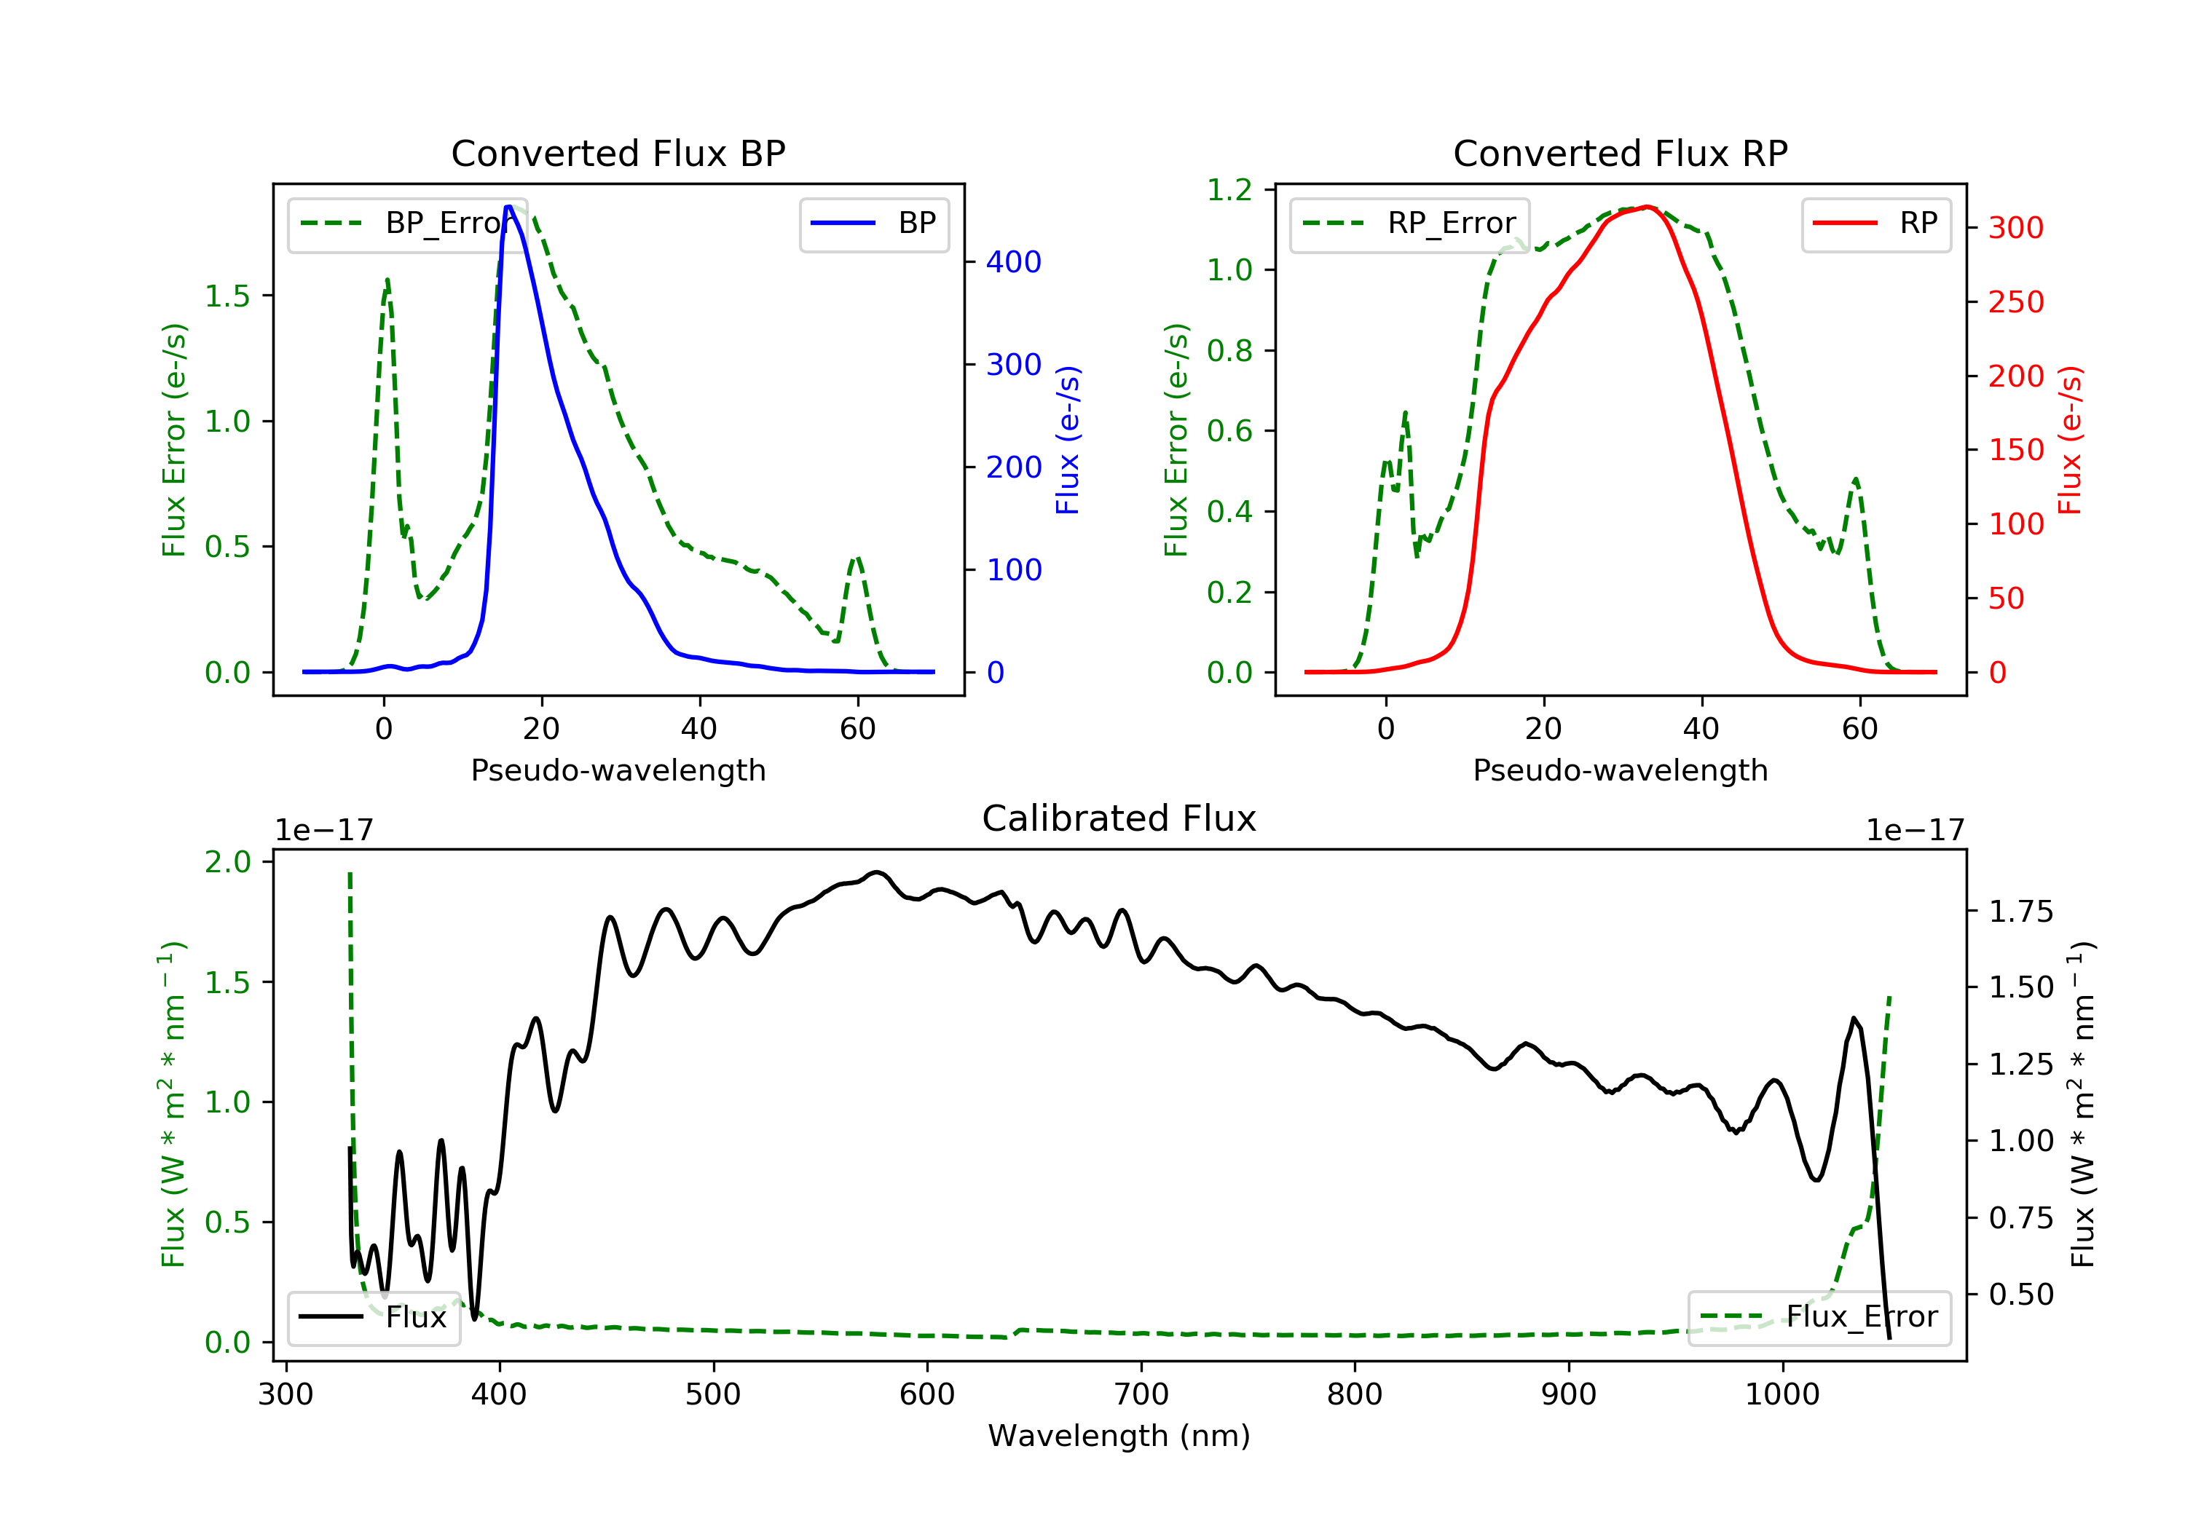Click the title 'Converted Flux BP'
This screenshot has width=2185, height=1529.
point(618,153)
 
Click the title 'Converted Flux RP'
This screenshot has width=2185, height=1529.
point(1620,153)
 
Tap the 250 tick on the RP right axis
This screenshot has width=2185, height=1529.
point(2015,301)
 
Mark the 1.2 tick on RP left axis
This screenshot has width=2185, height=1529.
point(1229,190)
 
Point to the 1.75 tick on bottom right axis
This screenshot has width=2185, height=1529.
point(2020,912)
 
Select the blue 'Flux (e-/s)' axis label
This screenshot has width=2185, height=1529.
point(1068,440)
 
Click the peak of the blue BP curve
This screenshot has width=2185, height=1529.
point(509,207)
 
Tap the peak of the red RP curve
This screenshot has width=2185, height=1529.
point(1647,208)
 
